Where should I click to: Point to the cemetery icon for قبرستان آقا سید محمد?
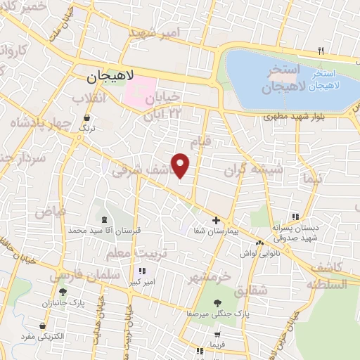click(104, 220)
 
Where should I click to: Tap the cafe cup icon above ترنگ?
click(86, 118)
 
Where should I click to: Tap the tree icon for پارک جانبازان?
click(63, 292)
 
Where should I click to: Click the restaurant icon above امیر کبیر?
click(142, 271)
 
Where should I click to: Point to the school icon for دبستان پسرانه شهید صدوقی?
click(295, 217)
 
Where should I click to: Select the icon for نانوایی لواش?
click(260, 243)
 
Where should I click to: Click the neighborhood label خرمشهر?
click(209, 276)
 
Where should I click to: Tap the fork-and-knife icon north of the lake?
click(321, 51)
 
